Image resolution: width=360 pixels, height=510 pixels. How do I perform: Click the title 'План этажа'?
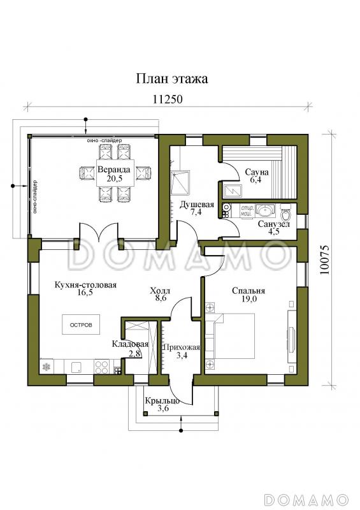(171, 78)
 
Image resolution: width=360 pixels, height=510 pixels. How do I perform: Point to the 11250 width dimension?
(168, 99)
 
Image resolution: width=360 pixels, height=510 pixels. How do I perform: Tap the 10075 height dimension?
(325, 259)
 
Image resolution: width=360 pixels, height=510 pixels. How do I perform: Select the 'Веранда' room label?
(114, 170)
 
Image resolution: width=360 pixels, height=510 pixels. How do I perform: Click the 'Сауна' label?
(257, 171)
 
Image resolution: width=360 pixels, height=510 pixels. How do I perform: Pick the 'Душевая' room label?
(197, 205)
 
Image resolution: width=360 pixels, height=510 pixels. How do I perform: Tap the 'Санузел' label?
(274, 224)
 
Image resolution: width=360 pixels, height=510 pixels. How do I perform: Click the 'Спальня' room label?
(248, 291)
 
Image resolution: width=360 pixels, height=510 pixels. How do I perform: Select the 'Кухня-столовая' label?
(85, 285)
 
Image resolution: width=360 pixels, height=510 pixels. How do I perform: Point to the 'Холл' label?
(160, 291)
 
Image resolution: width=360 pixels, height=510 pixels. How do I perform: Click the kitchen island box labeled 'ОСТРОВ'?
(81, 324)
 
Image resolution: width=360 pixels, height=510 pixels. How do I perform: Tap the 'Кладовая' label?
(130, 344)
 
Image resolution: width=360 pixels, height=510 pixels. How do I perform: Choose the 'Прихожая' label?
(182, 347)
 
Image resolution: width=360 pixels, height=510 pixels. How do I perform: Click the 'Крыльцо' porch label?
(162, 401)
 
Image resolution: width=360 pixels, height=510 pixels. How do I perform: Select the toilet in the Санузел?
(285, 212)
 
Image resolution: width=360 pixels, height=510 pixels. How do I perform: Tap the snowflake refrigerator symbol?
(47, 367)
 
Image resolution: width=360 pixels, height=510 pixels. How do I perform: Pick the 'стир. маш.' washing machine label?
(247, 210)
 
